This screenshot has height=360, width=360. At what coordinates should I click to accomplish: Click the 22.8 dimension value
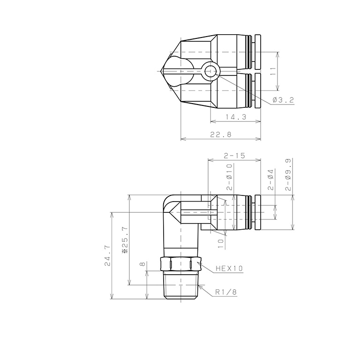tap(220, 135)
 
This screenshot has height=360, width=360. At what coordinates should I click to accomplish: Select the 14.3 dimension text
tap(235, 117)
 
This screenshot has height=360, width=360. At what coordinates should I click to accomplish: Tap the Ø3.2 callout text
tap(283, 100)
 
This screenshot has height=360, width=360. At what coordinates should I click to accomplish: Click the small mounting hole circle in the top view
tap(210, 72)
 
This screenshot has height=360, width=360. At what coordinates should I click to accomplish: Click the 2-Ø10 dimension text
tap(229, 176)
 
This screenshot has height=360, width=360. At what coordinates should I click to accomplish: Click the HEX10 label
tap(229, 269)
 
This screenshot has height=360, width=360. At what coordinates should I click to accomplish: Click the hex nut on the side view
tap(180, 264)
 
